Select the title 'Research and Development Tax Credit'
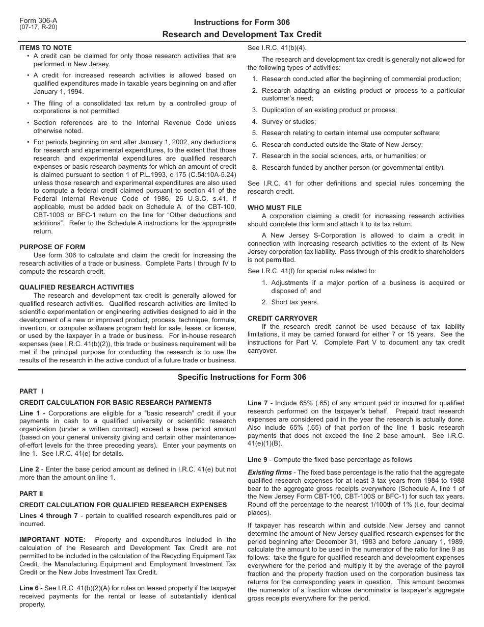click(x=242, y=35)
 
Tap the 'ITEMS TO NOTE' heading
click(x=45, y=47)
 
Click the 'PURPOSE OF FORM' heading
click(x=52, y=247)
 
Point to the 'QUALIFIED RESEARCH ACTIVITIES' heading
click(x=76, y=287)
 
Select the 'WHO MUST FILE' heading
click(x=275, y=207)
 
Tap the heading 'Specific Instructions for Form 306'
click(x=242, y=377)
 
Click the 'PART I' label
click(x=32, y=391)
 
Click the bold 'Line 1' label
click(x=30, y=413)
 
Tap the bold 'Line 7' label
click(x=258, y=403)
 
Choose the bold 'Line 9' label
click(x=258, y=460)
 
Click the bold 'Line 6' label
click(x=30, y=588)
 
